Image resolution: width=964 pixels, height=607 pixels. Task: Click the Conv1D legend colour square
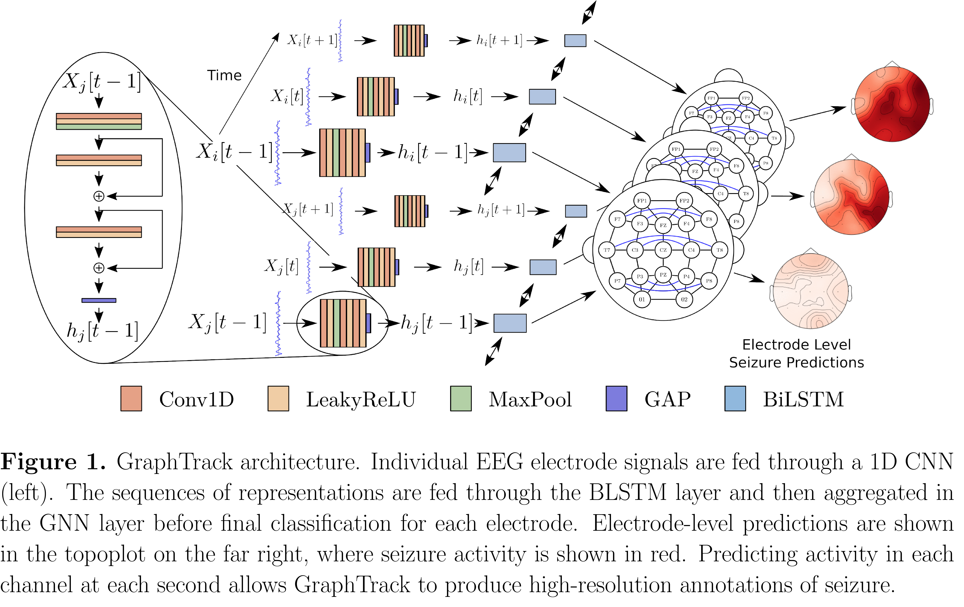click(x=131, y=399)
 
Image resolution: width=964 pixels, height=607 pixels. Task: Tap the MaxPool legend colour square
click(x=461, y=399)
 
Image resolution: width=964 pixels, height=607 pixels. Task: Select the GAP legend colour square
click(x=617, y=399)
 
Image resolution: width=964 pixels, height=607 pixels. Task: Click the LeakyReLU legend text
click(x=361, y=399)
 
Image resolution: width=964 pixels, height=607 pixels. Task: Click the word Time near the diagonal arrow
click(x=224, y=75)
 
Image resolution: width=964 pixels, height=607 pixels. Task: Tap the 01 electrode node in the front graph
click(x=642, y=299)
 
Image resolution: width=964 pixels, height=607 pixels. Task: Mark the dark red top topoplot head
click(x=892, y=104)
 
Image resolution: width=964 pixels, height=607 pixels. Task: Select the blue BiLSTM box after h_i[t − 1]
click(x=509, y=153)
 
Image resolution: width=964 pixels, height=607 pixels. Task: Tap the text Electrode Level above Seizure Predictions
click(x=796, y=344)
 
